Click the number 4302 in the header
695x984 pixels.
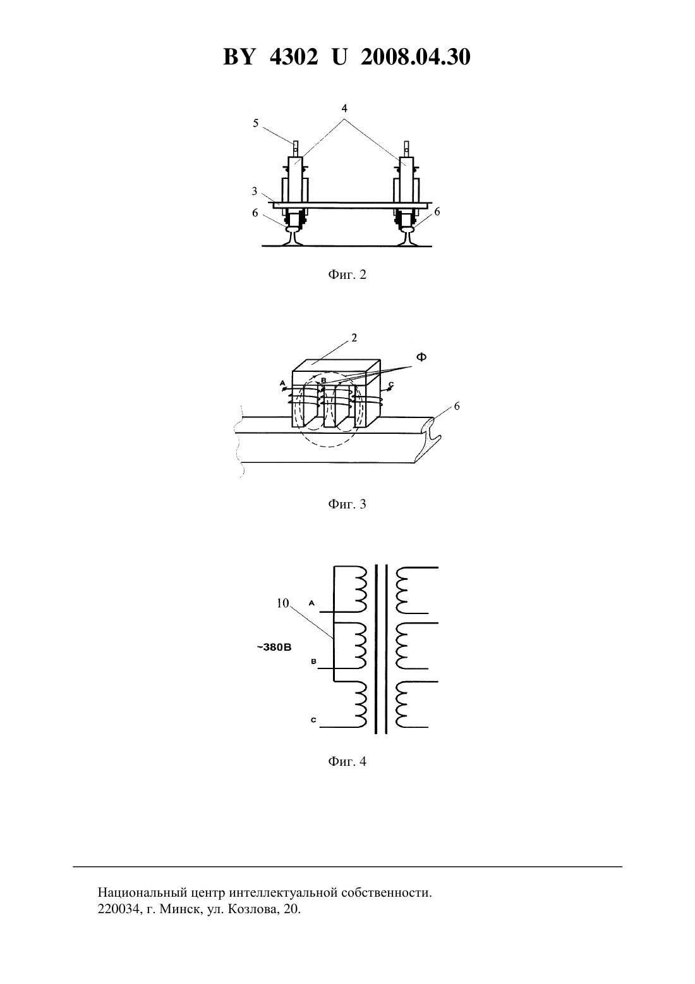(294, 57)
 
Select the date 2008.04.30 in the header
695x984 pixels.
(416, 57)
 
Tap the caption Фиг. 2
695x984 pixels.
(347, 275)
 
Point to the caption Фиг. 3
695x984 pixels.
(347, 504)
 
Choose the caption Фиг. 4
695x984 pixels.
(347, 761)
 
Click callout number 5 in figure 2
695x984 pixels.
(256, 123)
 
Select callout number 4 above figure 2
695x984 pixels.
(344, 108)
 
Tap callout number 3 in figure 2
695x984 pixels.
(255, 191)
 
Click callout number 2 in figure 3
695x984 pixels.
(354, 338)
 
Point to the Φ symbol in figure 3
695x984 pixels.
(421, 357)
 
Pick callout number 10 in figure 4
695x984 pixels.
(283, 603)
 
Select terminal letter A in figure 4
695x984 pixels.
(312, 603)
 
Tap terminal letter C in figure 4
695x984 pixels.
(313, 720)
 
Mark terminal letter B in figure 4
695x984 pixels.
(314, 661)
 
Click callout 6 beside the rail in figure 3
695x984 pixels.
(457, 407)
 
